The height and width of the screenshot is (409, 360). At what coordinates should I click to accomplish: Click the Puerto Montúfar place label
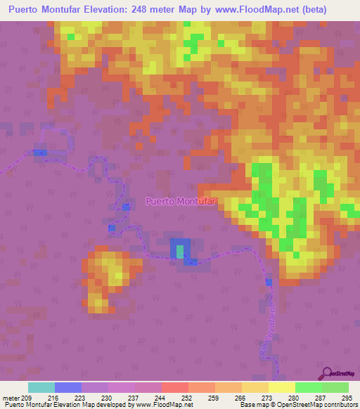click(181, 202)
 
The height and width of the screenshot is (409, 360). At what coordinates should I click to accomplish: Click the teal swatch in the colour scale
click(41, 387)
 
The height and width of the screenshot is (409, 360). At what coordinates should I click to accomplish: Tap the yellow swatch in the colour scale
click(281, 387)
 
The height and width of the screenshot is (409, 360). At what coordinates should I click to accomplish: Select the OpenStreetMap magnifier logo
click(326, 372)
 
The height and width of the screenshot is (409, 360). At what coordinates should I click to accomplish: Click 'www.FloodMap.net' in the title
click(240, 10)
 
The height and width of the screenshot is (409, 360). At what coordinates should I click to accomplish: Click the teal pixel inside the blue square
click(181, 250)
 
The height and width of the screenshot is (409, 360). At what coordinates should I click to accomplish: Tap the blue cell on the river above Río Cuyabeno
click(268, 283)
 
